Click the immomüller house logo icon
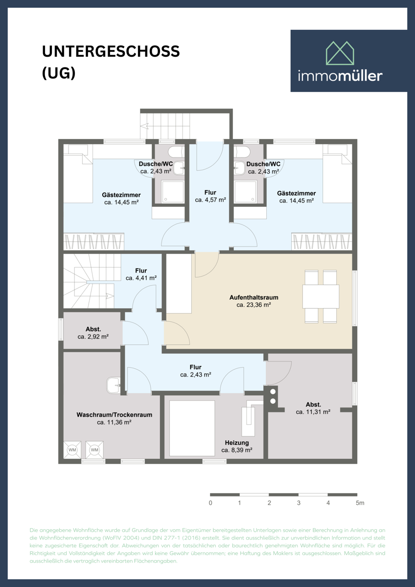[341, 53]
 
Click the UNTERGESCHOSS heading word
[111, 51]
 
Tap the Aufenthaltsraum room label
[254, 297]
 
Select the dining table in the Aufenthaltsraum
[321, 296]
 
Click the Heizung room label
[237, 442]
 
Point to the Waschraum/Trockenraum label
[114, 414]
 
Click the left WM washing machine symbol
[72, 450]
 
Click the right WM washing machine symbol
[94, 450]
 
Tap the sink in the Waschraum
[113, 385]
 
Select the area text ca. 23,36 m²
[254, 305]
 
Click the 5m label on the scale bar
[360, 503]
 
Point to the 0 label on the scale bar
[210, 503]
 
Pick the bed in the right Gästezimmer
[338, 174]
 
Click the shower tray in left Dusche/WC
[173, 192]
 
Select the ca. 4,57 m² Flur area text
[210, 200]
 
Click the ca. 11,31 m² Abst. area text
[313, 412]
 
